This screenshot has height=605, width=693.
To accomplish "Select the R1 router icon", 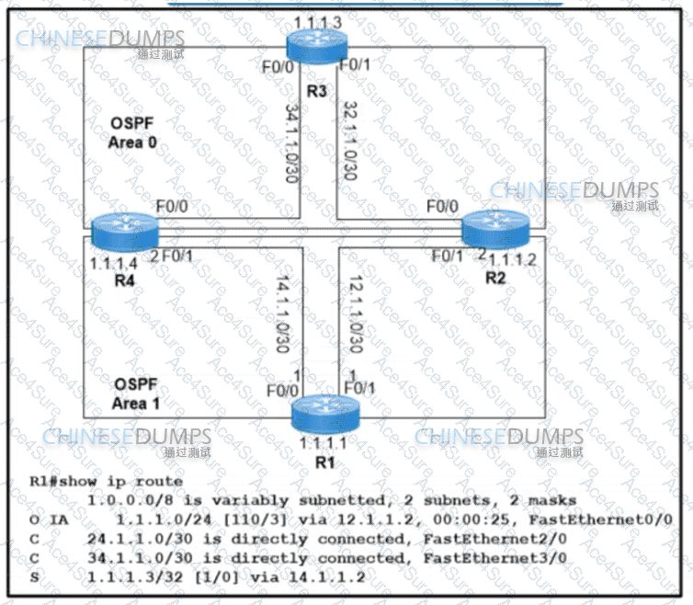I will (x=323, y=417).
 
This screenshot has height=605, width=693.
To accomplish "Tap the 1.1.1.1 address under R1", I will (x=322, y=444).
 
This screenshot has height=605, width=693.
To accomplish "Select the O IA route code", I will (x=46, y=519).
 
